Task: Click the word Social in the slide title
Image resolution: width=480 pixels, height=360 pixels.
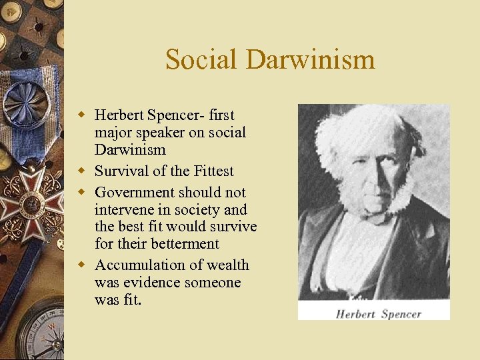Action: click(x=202, y=59)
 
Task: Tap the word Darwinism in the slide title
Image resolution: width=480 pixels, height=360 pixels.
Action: click(x=310, y=59)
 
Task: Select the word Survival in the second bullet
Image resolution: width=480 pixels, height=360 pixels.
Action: click(x=121, y=171)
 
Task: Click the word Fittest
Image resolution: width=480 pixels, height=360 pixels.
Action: click(x=210, y=171)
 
